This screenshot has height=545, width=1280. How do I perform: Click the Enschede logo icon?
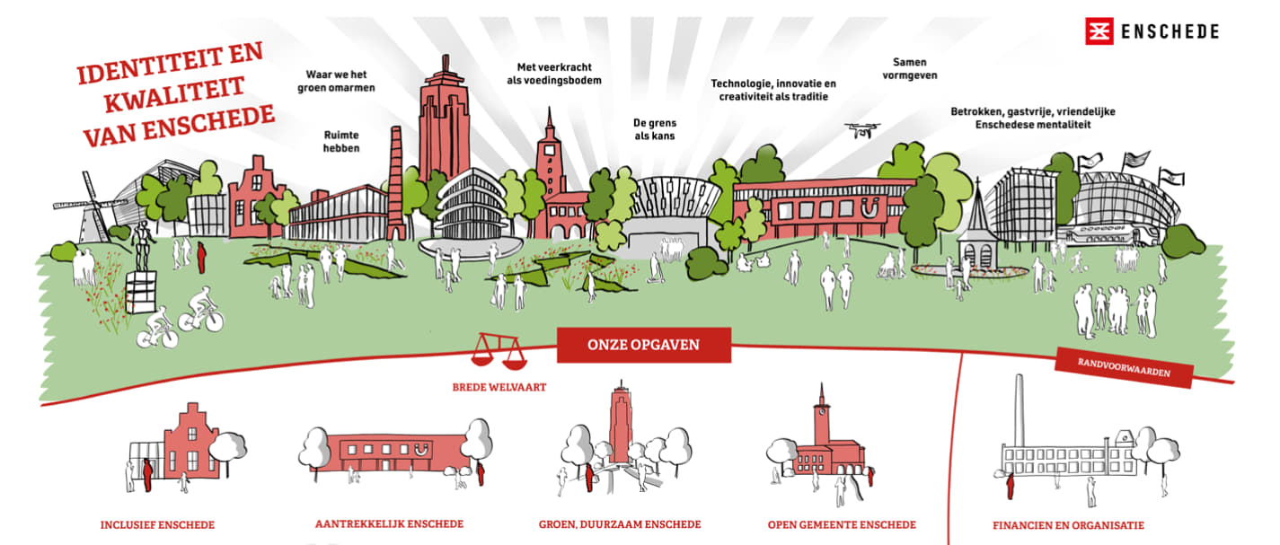pyautogui.click(x=1097, y=31)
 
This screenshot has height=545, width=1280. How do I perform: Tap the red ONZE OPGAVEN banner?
pyautogui.click(x=643, y=345)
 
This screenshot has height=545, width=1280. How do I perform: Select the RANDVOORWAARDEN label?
pyautogui.click(x=1124, y=368)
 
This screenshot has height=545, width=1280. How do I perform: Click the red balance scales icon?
pyautogui.click(x=501, y=350)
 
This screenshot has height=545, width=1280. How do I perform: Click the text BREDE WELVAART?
pyautogui.click(x=499, y=389)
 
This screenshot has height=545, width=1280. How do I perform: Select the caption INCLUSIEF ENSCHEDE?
pyautogui.click(x=157, y=524)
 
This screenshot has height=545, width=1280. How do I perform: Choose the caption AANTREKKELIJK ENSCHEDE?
pyautogui.click(x=389, y=523)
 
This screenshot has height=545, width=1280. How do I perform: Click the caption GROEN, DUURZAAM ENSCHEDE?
pyautogui.click(x=620, y=524)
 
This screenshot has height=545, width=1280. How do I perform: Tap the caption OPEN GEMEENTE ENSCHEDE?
pyautogui.click(x=842, y=524)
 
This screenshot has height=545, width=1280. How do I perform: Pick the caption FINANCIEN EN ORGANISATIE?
pyautogui.click(x=1068, y=525)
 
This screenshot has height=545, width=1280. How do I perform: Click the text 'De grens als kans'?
pyautogui.click(x=654, y=128)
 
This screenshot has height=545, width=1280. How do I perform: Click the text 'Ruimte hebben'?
pyautogui.click(x=341, y=141)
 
